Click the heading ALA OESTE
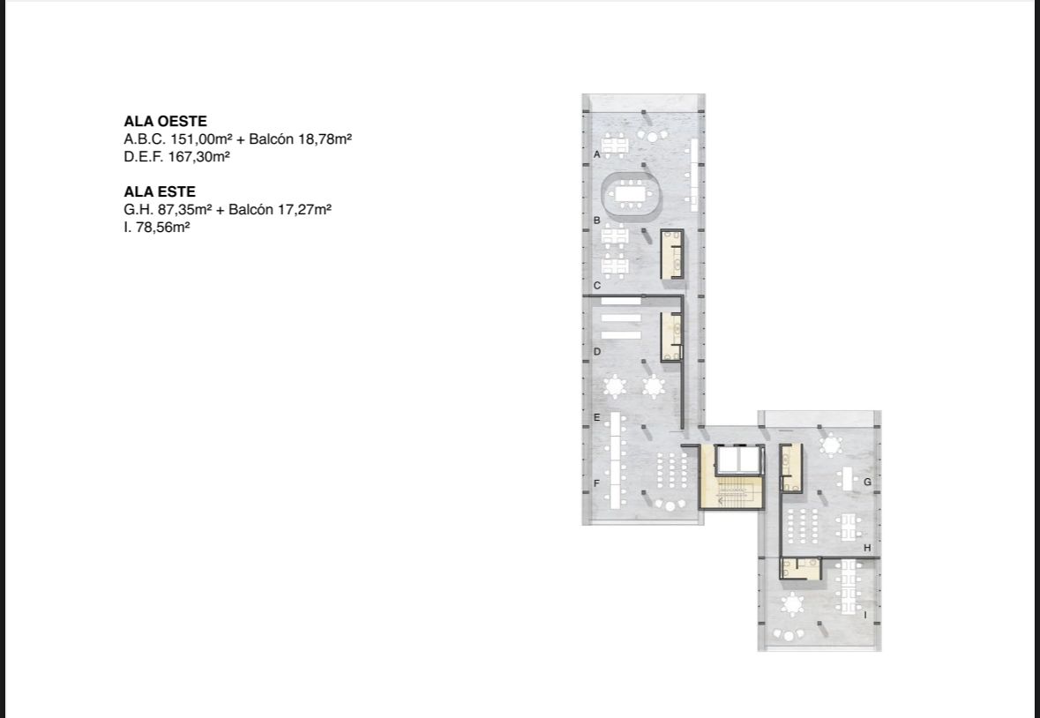pos(165,122)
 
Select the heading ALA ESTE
pos(159,191)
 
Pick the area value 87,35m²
pos(184,210)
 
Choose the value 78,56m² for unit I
pos(162,227)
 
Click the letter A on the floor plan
pos(597,154)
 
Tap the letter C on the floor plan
pos(597,286)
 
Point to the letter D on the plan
pos(597,351)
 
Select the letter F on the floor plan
pos(596,483)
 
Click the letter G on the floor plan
pos(867,482)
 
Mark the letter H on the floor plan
pos(867,549)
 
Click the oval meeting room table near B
pos(632,194)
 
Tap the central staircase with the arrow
pos(732,492)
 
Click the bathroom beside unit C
pos(672,254)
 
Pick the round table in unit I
pos(792,604)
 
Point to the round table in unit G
pos(830,445)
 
